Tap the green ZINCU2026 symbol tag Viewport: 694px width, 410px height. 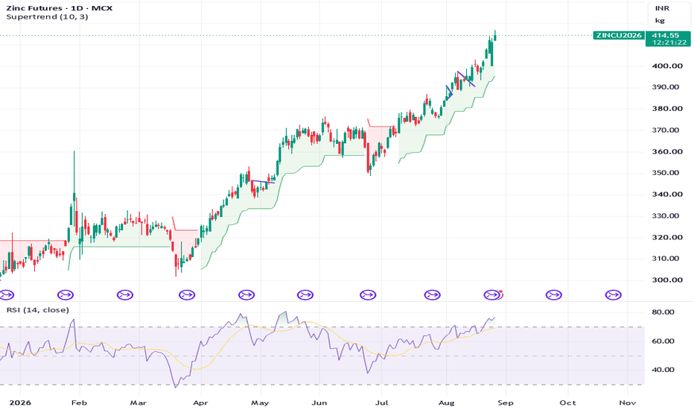point(619,36)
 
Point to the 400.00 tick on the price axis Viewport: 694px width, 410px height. point(667,66)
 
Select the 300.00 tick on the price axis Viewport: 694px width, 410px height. point(667,280)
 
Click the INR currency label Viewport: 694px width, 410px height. point(662,8)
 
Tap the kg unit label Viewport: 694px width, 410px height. point(660,20)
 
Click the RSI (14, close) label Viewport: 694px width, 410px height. point(38,310)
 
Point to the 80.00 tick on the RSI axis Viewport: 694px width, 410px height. point(663,312)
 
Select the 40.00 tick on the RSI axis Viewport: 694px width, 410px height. point(663,370)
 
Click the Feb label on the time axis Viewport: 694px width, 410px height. point(79,403)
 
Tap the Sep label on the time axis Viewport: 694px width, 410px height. point(506,403)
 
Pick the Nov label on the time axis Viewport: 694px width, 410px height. point(628,403)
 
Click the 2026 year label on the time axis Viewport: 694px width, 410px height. point(20,403)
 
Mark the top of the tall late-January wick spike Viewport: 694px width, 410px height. point(74,151)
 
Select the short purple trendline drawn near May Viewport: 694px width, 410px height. point(262,182)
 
